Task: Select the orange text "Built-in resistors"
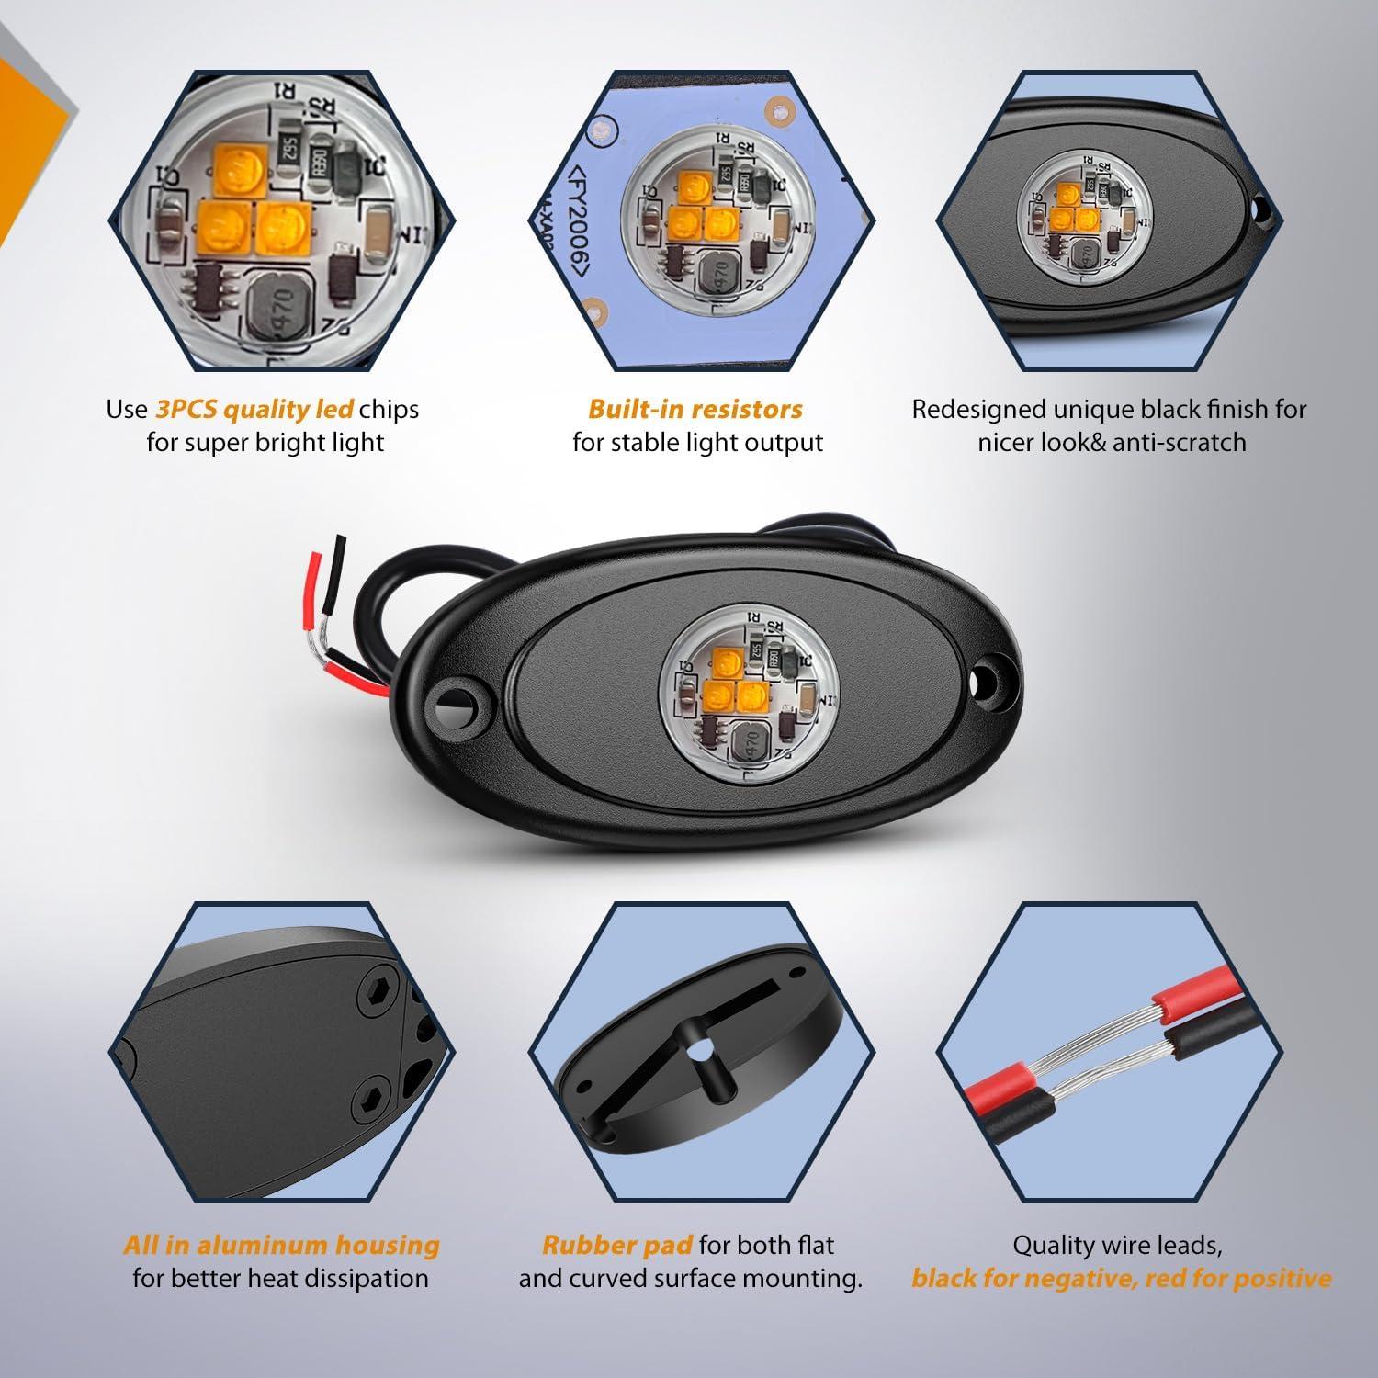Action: (695, 409)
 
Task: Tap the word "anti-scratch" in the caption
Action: (1180, 443)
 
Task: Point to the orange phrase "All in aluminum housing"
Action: (281, 1246)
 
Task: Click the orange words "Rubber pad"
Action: (617, 1246)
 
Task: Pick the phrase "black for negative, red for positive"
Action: (1121, 1278)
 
